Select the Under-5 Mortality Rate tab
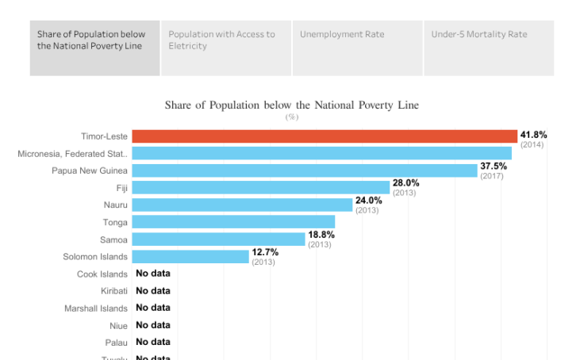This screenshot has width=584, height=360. click(x=489, y=48)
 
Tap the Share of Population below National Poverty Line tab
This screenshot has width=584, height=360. click(x=95, y=48)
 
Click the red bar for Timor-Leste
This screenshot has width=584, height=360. click(x=324, y=136)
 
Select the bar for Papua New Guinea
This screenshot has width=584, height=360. click(x=304, y=170)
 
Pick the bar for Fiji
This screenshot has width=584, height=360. click(x=260, y=188)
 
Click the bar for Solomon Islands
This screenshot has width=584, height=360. click(x=190, y=256)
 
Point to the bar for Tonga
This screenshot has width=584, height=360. click(x=232, y=222)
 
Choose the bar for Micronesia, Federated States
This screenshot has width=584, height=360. click(x=321, y=153)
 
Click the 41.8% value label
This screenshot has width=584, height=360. click(x=533, y=136)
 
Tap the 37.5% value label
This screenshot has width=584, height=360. click(x=494, y=167)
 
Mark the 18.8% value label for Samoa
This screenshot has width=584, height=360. click(x=321, y=235)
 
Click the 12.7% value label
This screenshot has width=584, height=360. click(x=265, y=252)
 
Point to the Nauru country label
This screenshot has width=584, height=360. click(x=115, y=205)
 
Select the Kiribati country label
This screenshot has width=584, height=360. click(x=114, y=291)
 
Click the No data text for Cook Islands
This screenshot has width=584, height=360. click(x=153, y=274)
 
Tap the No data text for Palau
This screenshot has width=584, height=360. click(x=153, y=342)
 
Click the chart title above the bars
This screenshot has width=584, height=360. click(x=291, y=105)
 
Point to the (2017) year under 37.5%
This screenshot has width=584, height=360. click(x=492, y=176)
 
